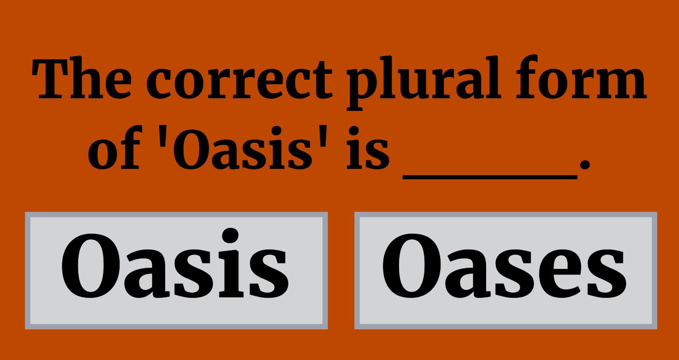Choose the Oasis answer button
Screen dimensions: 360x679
pos(176,270)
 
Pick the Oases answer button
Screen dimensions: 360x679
pos(506,270)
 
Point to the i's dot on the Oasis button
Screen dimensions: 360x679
pos(230,235)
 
